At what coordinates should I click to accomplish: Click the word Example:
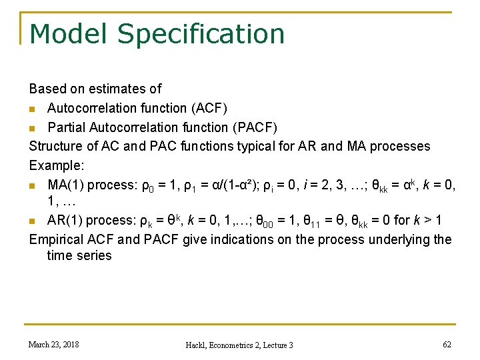(57, 165)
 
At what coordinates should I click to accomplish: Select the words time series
(79, 256)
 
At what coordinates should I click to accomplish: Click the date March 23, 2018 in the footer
(53, 344)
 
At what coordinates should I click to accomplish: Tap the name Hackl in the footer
(199, 345)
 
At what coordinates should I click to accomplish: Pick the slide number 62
(447, 344)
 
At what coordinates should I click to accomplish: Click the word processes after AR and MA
(400, 146)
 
